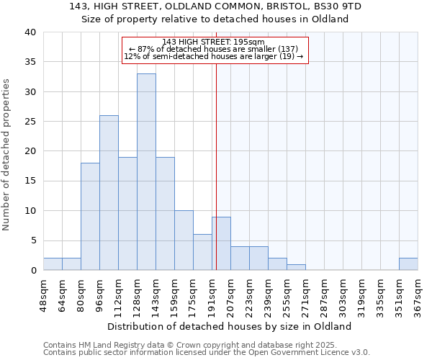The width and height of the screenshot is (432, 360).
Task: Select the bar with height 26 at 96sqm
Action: pyautogui.click(x=109, y=192)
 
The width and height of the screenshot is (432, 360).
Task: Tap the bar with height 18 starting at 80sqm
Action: pyautogui.click(x=90, y=216)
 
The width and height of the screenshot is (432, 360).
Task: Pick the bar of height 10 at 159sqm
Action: pyautogui.click(x=184, y=240)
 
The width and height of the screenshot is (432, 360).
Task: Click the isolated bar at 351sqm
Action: pyautogui.click(x=408, y=264)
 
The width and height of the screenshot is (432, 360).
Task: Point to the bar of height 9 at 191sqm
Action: pyautogui.click(x=221, y=243)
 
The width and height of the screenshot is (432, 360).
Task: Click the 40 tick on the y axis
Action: pyautogui.click(x=30, y=32)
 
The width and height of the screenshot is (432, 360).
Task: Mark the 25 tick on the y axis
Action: pyautogui.click(x=30, y=122)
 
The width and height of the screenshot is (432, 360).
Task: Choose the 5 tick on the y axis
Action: pyautogui.click(x=33, y=240)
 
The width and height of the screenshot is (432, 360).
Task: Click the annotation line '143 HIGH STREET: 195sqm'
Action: pyautogui.click(x=214, y=42)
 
